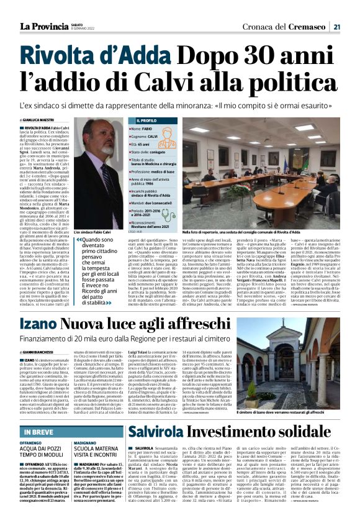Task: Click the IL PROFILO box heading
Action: point(144,120)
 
